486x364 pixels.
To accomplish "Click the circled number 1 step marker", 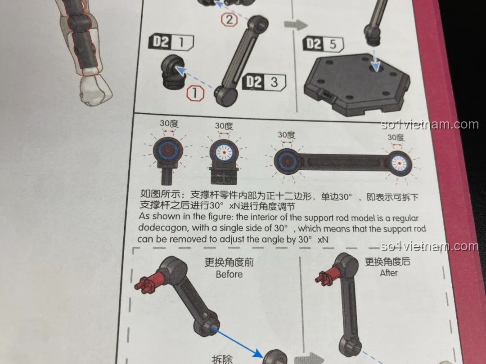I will click(x=195, y=93).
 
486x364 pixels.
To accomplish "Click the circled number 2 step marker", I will click(x=229, y=19).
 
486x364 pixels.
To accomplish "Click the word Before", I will click(x=229, y=274).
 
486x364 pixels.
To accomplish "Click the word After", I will click(x=388, y=273).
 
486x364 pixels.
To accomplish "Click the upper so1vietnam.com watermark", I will click(x=429, y=124).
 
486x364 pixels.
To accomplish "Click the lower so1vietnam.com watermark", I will click(x=429, y=246).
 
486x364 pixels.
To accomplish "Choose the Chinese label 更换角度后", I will click(x=387, y=261).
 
